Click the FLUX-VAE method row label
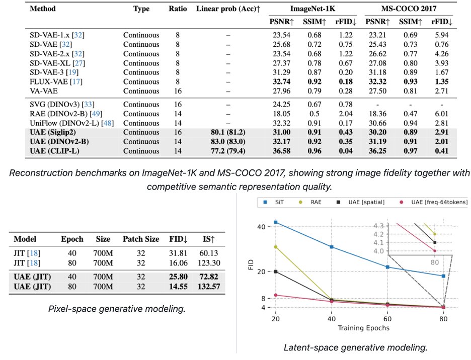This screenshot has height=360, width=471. pyautogui.click(x=56, y=81)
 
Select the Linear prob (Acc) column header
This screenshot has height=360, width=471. pyautogui.click(x=228, y=9)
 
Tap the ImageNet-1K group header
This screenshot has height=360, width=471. pyautogui.click(x=312, y=9)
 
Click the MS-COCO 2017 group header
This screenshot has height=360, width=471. pyautogui.click(x=409, y=9)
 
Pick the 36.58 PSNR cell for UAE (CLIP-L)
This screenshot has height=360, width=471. pyautogui.click(x=281, y=151)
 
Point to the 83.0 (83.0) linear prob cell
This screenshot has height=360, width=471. pyautogui.click(x=228, y=141)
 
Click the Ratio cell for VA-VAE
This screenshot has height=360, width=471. pyautogui.click(x=178, y=91)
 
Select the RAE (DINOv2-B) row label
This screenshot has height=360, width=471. pyautogui.click(x=66, y=114)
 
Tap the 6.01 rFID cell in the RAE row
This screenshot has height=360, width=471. pyautogui.click(x=442, y=114)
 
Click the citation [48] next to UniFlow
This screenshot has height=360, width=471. pyautogui.click(x=108, y=123)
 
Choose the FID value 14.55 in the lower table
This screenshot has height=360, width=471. pyautogui.click(x=178, y=287)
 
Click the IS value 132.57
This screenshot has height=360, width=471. pyautogui.click(x=209, y=287)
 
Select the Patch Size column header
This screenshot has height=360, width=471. pyautogui.click(x=141, y=239)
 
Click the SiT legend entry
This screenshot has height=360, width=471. pyautogui.click(x=273, y=202)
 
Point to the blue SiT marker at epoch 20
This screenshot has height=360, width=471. pyautogui.click(x=276, y=222)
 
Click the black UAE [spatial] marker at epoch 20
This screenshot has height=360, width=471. pyautogui.click(x=276, y=272)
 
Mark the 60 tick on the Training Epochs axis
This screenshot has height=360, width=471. pyautogui.click(x=387, y=319)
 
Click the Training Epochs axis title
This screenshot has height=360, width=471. pyautogui.click(x=363, y=328)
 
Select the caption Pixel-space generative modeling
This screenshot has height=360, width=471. pyautogui.click(x=117, y=309)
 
